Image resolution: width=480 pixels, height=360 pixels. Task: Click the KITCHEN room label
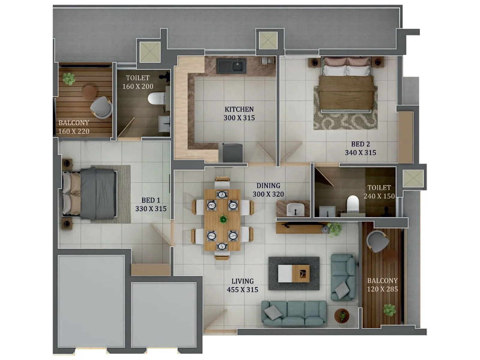point(239,109)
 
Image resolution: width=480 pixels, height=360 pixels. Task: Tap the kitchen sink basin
point(231,66)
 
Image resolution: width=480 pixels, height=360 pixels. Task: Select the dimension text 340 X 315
point(360,153)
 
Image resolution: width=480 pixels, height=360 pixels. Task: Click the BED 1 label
point(151,200)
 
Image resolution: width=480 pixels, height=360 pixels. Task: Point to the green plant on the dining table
point(223,220)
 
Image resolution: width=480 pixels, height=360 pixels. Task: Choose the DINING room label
point(268,186)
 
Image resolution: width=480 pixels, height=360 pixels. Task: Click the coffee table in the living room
point(294,273)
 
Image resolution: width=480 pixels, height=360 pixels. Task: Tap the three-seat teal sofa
point(294,313)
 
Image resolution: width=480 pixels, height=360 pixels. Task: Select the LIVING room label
point(242,281)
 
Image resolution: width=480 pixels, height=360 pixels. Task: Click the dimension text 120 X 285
point(382,289)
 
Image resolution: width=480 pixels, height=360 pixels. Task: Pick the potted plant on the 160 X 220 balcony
point(69,79)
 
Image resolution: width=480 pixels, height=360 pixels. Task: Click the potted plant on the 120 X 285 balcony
point(389,310)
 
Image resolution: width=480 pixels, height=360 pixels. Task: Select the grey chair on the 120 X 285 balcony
point(378,241)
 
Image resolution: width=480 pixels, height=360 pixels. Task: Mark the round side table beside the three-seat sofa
point(342,316)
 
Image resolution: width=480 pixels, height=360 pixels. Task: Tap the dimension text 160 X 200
point(138,86)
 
